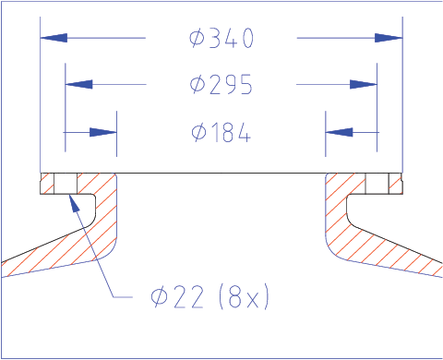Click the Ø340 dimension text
[221, 38]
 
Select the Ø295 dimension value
[221, 84]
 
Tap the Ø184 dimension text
[221, 132]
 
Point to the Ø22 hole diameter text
[177, 296]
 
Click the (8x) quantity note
[244, 296]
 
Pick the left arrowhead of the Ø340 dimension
[54, 38]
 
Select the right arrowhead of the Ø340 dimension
[389, 38]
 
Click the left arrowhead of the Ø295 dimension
[79, 84]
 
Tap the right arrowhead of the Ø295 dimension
[364, 84]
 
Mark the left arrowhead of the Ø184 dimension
[103, 132]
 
